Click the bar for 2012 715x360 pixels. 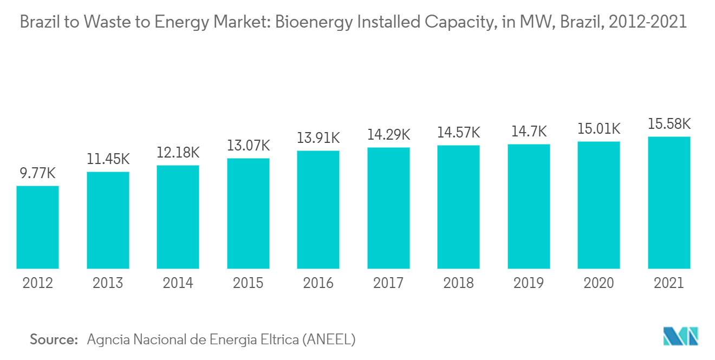[x=37, y=227]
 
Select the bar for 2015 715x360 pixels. [x=248, y=213]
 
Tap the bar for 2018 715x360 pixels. [x=458, y=207]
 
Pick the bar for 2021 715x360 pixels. [x=669, y=202]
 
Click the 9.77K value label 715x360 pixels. [x=37, y=174]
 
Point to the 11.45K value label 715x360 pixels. [x=108, y=160]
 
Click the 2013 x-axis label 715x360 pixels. [x=108, y=283]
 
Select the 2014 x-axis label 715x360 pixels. [x=178, y=283]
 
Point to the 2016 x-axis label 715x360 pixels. [x=318, y=283]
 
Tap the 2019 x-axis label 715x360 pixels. [x=529, y=283]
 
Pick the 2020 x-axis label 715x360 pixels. [x=599, y=283]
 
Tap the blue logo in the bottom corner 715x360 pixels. [x=681, y=336]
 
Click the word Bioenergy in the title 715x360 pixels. [x=314, y=22]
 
